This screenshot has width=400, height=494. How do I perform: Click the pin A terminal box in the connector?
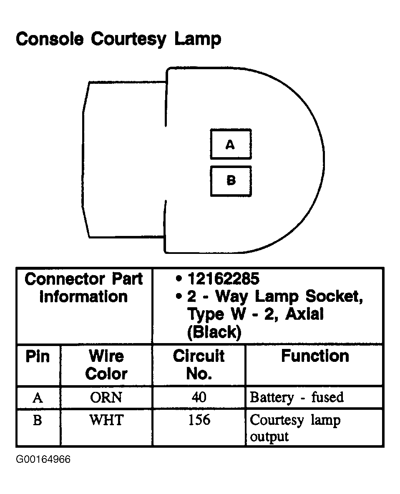point(231,144)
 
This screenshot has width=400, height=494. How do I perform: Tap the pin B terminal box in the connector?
point(231,181)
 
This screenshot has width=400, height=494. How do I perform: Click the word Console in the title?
point(50,39)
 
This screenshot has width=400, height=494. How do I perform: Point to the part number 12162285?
point(223,278)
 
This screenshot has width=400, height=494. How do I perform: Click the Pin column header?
point(38,357)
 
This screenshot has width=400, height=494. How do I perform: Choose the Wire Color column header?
point(106,365)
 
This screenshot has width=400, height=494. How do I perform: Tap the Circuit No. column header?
point(199,365)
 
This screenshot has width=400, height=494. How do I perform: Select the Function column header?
point(314,356)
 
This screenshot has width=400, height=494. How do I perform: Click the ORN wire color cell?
point(106,397)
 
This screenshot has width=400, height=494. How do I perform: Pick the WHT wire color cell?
point(106,420)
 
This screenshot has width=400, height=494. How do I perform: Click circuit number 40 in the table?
point(199,397)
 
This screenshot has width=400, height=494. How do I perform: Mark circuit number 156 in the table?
point(199,420)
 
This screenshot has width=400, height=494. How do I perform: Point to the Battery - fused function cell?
point(296,397)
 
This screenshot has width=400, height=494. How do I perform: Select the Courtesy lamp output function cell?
point(294,428)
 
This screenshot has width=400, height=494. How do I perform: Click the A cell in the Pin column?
point(38,398)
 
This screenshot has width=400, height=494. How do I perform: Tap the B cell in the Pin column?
point(38,420)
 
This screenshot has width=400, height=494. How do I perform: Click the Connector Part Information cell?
point(83,288)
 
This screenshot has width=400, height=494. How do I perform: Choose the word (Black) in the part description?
point(214,332)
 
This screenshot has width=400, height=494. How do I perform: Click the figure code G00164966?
point(43,459)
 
